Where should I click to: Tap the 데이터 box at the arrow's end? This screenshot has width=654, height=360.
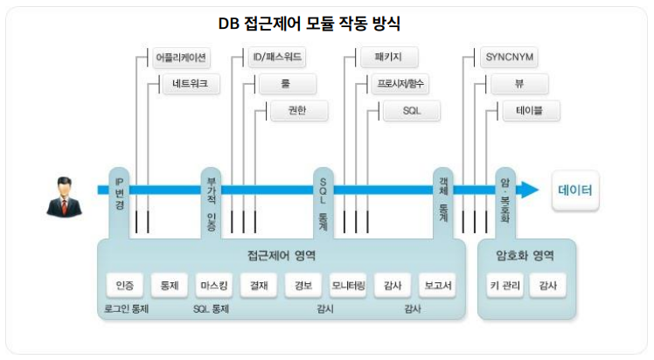(x=574, y=190)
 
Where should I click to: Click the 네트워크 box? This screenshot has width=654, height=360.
(x=190, y=85)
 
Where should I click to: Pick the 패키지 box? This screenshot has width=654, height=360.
(x=389, y=59)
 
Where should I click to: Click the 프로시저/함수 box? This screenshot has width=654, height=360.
(x=402, y=85)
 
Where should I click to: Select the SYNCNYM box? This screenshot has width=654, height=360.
(x=509, y=59)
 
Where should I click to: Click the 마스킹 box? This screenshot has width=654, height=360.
(x=213, y=286)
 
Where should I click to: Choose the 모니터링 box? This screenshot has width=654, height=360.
(x=348, y=286)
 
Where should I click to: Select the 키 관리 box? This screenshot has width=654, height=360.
(x=505, y=286)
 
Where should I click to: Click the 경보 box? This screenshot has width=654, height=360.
(x=303, y=286)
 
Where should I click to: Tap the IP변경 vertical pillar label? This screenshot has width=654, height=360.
(x=120, y=193)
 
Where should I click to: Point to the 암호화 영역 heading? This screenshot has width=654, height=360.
(x=525, y=256)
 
